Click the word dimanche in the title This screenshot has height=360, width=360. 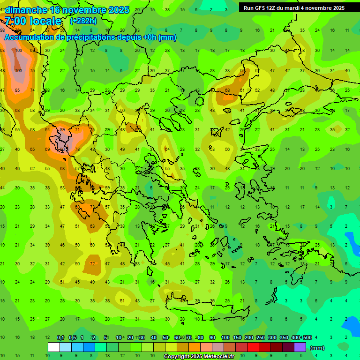[26, 10]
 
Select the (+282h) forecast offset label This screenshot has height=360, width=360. [83, 21]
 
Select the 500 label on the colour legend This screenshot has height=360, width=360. [307, 337]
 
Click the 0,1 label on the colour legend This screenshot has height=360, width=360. [60, 337]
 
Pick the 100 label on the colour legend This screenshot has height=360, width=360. [225, 337]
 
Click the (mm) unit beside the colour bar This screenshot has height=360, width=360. [317, 348]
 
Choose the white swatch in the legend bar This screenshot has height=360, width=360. [54, 347]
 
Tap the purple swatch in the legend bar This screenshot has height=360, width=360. [300, 347]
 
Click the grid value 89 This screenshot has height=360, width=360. [62, 130]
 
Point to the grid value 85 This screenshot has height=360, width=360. [17, 90]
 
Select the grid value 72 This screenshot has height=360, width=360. [92, 263]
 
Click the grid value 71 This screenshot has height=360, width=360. [77, 130]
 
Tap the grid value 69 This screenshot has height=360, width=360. [47, 150]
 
